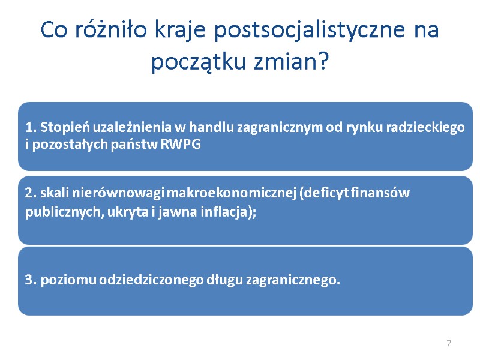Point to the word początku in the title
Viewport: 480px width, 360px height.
click(199, 62)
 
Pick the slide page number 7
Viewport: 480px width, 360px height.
click(448, 343)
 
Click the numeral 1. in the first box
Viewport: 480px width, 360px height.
click(30, 127)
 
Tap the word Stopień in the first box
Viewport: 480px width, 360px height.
click(60, 127)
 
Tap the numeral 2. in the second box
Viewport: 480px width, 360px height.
click(31, 193)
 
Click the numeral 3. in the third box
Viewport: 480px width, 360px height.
click(31, 280)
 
